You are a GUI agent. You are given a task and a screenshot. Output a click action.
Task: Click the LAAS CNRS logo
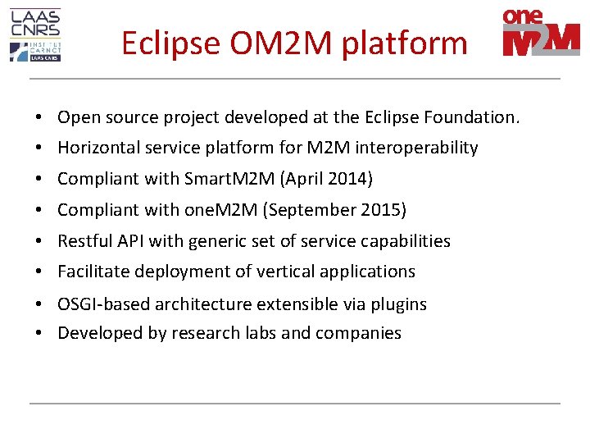[35, 35]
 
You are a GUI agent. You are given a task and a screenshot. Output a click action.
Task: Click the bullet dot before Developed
[39, 333]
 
